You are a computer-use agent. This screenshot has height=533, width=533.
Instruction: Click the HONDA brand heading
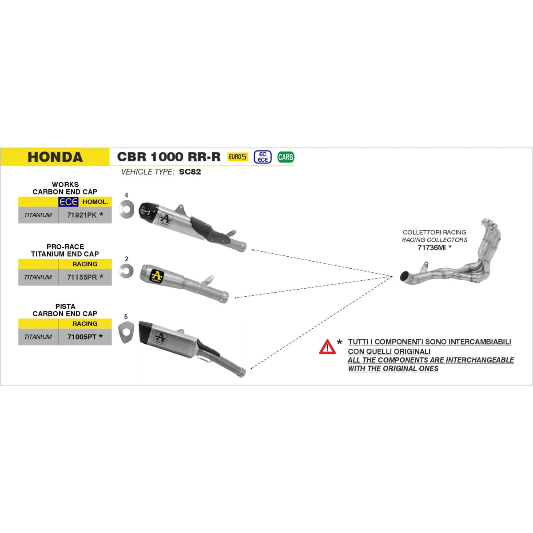(55, 157)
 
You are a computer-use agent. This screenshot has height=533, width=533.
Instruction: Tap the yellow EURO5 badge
(238, 157)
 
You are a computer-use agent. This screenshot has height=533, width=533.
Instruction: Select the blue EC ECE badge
(263, 157)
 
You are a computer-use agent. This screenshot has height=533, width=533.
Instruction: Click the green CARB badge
(286, 157)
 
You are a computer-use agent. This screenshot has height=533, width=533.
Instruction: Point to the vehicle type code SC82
(190, 172)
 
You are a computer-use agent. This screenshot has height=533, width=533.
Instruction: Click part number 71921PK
(82, 215)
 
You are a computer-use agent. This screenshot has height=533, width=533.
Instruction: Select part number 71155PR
(82, 277)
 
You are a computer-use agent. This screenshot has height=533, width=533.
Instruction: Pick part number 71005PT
(82, 337)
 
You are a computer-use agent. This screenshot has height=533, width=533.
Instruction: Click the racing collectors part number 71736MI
(431, 247)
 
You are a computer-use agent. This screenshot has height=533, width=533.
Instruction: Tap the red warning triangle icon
(327, 347)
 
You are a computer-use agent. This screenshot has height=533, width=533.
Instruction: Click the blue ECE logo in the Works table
(68, 202)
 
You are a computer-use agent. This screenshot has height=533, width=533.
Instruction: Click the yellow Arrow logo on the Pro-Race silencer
(156, 276)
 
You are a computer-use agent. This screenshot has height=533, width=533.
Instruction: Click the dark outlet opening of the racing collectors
(405, 276)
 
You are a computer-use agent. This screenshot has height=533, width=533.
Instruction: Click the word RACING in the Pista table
(85, 323)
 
